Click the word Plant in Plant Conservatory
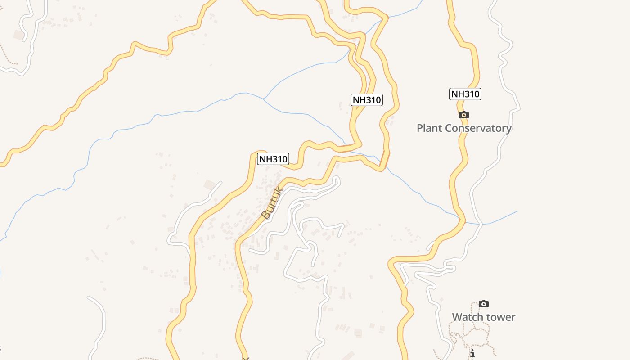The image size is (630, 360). (x=429, y=128)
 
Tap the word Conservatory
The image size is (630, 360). (x=479, y=128)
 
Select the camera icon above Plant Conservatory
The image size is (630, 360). (x=463, y=115)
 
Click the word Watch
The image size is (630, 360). (x=466, y=317)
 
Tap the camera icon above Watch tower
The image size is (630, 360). (x=484, y=304)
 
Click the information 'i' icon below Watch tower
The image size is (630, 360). (x=472, y=353)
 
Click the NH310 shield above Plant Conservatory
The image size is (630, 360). (x=465, y=94)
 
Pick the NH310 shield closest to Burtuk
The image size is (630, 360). (x=273, y=159)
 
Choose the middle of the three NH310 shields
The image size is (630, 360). (x=366, y=100)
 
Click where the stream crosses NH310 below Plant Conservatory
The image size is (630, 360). (x=462, y=221)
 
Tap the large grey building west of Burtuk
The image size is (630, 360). (x=210, y=184)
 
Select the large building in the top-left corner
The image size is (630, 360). (x=19, y=35)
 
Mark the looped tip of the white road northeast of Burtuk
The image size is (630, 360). (x=337, y=180)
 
